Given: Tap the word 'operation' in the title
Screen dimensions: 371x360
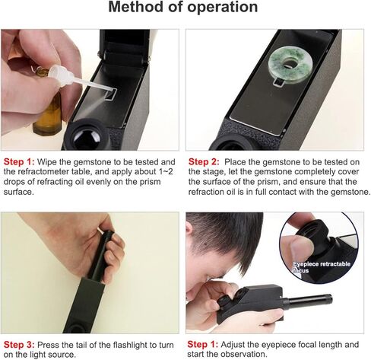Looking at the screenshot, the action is tap(223, 8).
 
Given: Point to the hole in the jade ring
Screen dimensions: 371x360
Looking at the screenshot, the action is tap(289, 63).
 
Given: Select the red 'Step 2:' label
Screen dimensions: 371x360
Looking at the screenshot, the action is tap(204, 162).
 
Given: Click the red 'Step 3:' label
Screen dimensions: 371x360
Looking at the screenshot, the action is tap(19, 345).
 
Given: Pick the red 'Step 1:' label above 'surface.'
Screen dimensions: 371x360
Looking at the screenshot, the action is tap(19, 162).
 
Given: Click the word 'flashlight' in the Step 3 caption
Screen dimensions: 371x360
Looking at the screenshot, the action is tap(131, 345).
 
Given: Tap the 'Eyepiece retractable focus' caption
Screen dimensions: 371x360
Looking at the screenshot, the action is tap(322, 267).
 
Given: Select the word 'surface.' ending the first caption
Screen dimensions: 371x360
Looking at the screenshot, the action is tap(19, 192).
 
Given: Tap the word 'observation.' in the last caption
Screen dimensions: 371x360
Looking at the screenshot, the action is tap(244, 354).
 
